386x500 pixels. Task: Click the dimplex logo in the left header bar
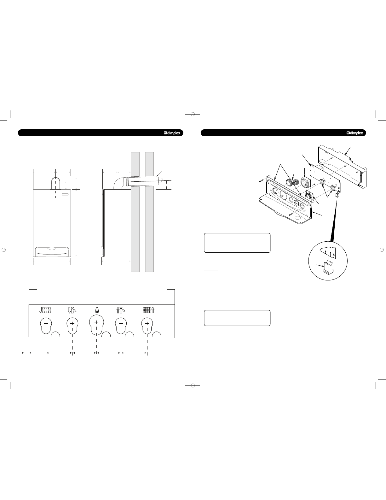[172, 133]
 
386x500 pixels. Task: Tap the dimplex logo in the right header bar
[355, 133]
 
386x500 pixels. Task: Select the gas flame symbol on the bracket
[97, 310]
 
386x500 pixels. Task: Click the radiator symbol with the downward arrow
[45, 310]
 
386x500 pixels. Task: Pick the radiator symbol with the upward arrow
[148, 310]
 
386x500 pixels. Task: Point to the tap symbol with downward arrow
[72, 310]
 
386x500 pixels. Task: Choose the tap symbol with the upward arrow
[121, 310]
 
